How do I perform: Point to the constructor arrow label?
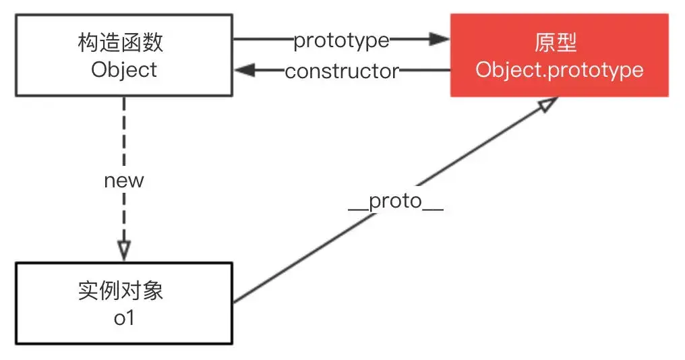341,71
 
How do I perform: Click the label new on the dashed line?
123,181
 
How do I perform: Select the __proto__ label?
395,202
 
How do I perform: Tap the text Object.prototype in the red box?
559,69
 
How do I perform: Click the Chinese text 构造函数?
121,43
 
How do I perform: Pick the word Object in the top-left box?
124,69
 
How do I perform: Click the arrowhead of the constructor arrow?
243,70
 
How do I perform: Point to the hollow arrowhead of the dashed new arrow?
123,250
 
